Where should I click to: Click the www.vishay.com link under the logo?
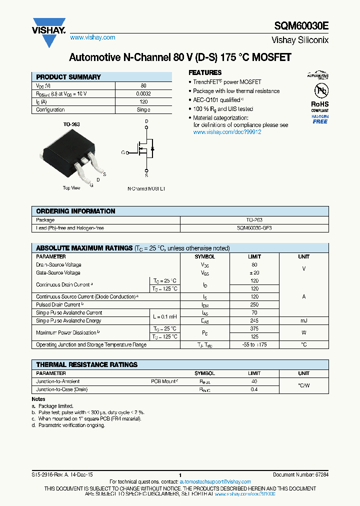click(x=92, y=37)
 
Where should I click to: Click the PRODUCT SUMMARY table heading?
click(x=68, y=77)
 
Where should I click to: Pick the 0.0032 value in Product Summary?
click(x=143, y=93)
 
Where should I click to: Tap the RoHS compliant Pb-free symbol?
click(x=320, y=91)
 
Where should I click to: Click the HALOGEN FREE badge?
click(x=320, y=119)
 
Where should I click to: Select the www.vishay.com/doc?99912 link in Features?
click(x=227, y=132)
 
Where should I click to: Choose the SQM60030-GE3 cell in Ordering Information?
click(x=254, y=228)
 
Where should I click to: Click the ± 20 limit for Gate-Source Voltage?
click(x=254, y=273)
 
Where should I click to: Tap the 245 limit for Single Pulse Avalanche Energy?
click(x=254, y=321)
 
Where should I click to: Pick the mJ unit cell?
click(x=303, y=321)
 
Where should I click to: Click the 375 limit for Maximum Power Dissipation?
click(x=254, y=328)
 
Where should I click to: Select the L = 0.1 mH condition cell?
click(x=165, y=317)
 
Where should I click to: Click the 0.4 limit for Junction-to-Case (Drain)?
click(x=254, y=389)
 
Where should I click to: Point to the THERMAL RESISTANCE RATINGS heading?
click(x=86, y=364)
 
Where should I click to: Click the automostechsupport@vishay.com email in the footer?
click(x=215, y=481)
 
